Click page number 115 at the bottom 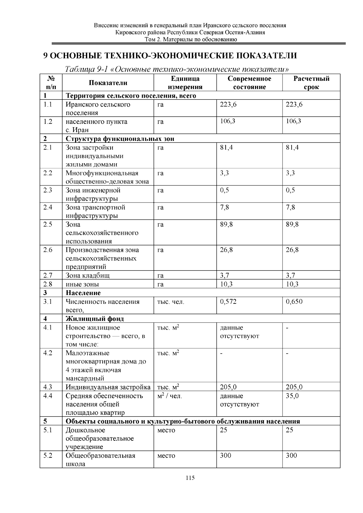pyautogui.click(x=190, y=478)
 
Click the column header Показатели pyautogui.click(x=108, y=83)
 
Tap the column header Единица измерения pyautogui.click(x=185, y=83)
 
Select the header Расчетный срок pyautogui.click(x=311, y=83)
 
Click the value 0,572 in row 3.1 pyautogui.click(x=228, y=302)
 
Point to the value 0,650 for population pyautogui.click(x=294, y=302)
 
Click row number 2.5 pyautogui.click(x=48, y=225)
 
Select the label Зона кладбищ pyautogui.click(x=88, y=275)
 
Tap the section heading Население pyautogui.click(x=83, y=293)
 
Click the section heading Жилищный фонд pyautogui.click(x=95, y=319)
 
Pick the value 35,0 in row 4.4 pyautogui.click(x=292, y=396)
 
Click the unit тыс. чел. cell pyautogui.click(x=171, y=302)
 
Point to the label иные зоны pyautogui.click(x=82, y=284)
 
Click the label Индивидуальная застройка pyautogui.click(x=108, y=387)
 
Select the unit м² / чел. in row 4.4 pyautogui.click(x=169, y=396)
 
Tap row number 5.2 pyautogui.click(x=48, y=456)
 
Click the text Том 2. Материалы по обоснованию pyautogui.click(x=190, y=40)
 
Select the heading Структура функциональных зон pyautogui.click(x=120, y=139)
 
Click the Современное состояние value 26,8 pyautogui.click(x=226, y=250)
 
